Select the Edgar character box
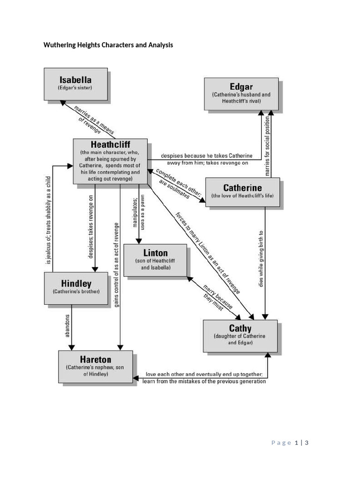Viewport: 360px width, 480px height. click(241, 94)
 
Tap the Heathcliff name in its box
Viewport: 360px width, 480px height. click(111, 144)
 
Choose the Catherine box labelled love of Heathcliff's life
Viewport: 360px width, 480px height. click(242, 192)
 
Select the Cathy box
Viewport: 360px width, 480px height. click(240, 335)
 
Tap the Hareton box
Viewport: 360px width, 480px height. click(96, 367)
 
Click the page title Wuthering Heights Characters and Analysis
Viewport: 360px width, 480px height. click(108, 45)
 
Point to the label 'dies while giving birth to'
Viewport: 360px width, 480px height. click(261, 258)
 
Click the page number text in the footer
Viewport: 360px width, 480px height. click(291, 442)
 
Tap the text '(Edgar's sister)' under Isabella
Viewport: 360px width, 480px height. click(75, 88)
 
